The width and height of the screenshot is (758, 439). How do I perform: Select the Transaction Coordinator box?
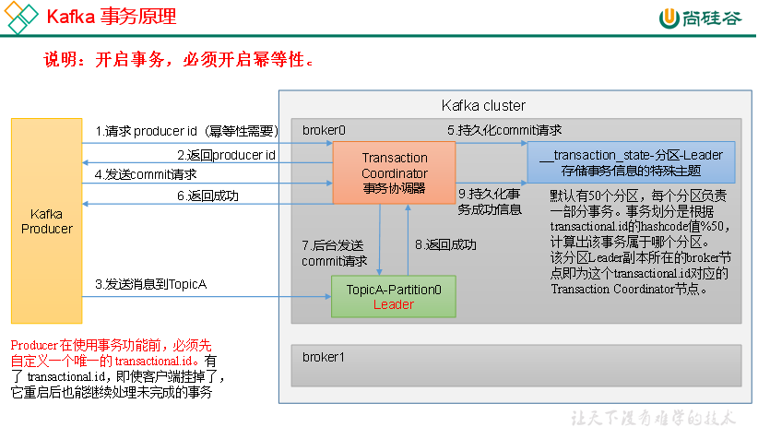pyautogui.click(x=394, y=173)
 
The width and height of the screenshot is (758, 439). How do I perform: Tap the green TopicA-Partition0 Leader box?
pyautogui.click(x=394, y=297)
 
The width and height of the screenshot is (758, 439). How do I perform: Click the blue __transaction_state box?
pyautogui.click(x=631, y=161)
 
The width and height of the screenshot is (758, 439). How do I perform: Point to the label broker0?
pyautogui.click(x=324, y=130)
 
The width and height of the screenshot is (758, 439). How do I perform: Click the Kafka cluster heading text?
pyautogui.click(x=483, y=105)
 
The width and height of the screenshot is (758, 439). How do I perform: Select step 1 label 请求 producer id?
pyautogui.click(x=186, y=130)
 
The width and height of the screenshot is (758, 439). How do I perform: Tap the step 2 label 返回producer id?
pyautogui.click(x=226, y=154)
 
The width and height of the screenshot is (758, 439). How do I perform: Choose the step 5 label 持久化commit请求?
pyautogui.click(x=504, y=130)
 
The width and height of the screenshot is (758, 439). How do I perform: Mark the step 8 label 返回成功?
pyautogui.click(x=445, y=244)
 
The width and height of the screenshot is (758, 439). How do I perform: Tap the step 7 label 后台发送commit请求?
pyautogui.click(x=334, y=253)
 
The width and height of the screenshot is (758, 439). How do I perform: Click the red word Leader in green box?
pyautogui.click(x=394, y=304)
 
